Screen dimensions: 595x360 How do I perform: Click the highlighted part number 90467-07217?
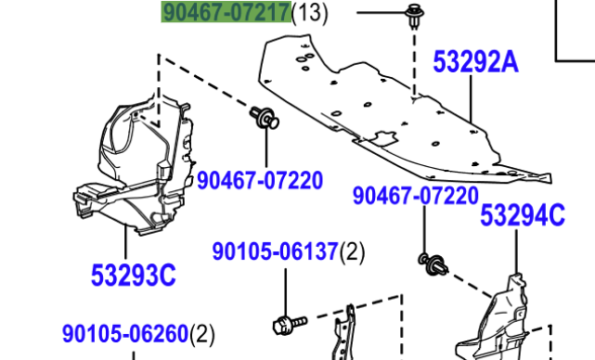click(x=226, y=12)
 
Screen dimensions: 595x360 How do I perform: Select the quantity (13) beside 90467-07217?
click(x=310, y=12)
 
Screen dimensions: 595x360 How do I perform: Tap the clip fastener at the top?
click(x=414, y=16)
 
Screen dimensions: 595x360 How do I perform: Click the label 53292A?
click(x=475, y=62)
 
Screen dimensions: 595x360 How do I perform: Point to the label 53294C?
click(x=523, y=215)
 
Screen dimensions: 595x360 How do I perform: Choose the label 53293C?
click(x=133, y=275)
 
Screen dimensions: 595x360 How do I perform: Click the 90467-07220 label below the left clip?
click(x=260, y=180)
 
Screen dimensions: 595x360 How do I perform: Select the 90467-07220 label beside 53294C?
click(x=416, y=196)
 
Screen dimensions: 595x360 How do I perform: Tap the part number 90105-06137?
click(x=275, y=251)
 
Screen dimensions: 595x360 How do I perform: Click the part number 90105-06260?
click(x=125, y=334)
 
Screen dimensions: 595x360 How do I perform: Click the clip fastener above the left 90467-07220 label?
click(x=265, y=117)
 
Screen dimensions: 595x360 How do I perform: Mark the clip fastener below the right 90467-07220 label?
click(x=433, y=264)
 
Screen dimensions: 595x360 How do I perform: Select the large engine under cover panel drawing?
click(x=402, y=110)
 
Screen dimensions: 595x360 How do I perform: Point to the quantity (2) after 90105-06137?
click(x=352, y=252)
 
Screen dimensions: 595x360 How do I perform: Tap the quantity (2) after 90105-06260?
click(x=201, y=335)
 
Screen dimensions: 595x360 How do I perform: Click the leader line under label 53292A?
click(x=471, y=99)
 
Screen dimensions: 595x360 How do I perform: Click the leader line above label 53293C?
click(x=125, y=242)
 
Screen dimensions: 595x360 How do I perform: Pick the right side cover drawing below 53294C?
click(x=498, y=323)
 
